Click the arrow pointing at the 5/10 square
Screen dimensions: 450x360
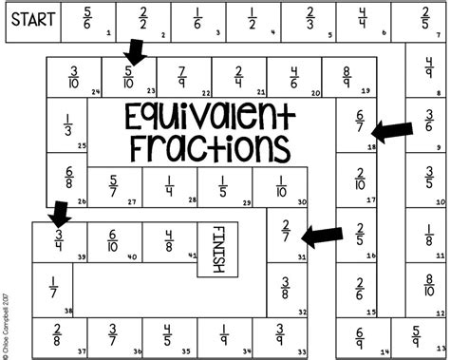click(134, 54)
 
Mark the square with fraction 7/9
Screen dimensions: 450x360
click(182, 75)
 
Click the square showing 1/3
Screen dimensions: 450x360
click(68, 126)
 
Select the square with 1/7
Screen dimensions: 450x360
click(53, 291)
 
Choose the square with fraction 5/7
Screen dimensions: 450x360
click(114, 186)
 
